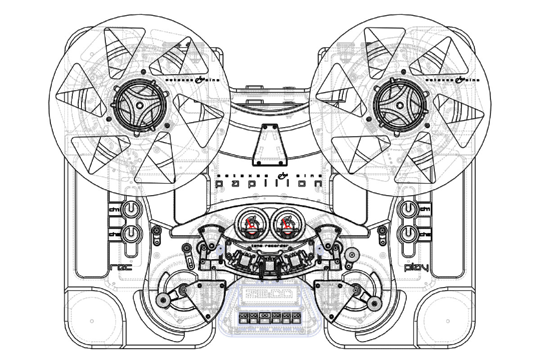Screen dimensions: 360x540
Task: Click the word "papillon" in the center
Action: (269, 184)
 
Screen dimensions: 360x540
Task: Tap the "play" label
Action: (416, 268)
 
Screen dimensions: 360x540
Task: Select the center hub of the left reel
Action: (138, 105)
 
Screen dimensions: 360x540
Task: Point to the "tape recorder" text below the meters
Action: (269, 246)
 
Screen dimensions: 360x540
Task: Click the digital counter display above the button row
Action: (269, 295)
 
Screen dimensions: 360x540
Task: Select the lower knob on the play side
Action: (408, 233)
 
